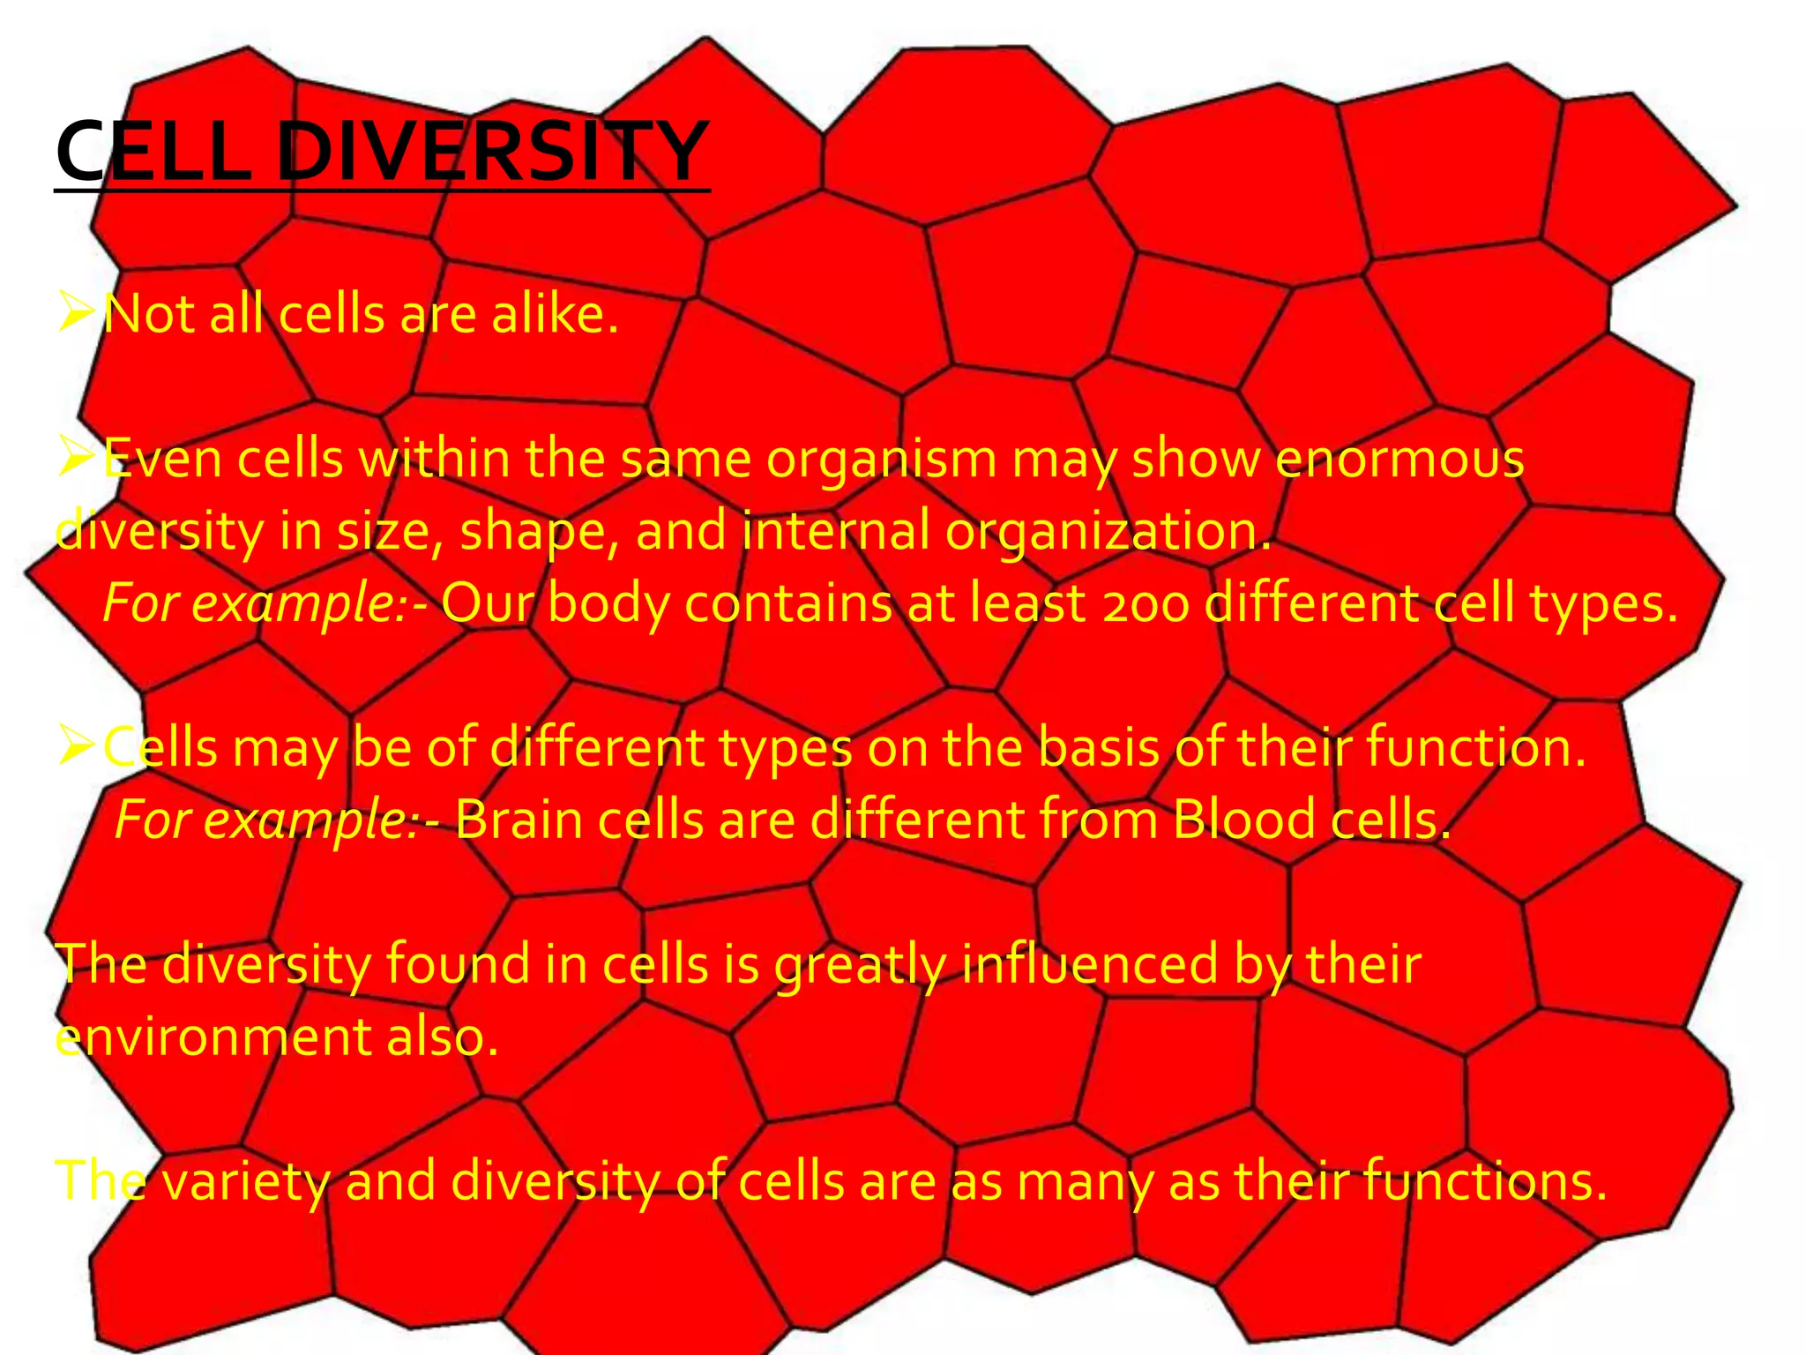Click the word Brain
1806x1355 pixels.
[x=519, y=820]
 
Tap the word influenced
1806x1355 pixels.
[x=1089, y=963]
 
